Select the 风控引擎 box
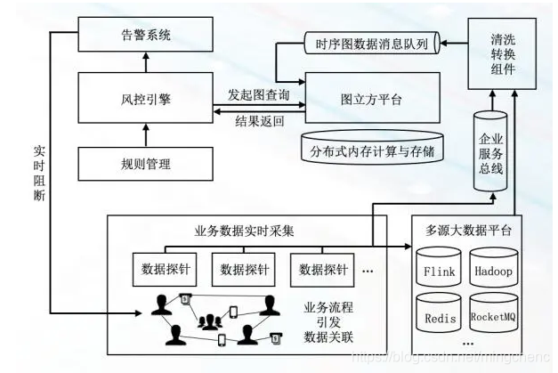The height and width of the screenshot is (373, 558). point(147,99)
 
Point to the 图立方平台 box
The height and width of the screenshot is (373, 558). point(373,100)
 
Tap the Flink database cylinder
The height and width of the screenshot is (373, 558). point(438,271)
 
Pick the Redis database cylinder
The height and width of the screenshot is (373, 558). point(438,316)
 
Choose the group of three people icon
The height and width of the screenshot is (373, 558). point(210,319)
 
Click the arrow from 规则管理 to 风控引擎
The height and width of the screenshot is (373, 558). point(147,136)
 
